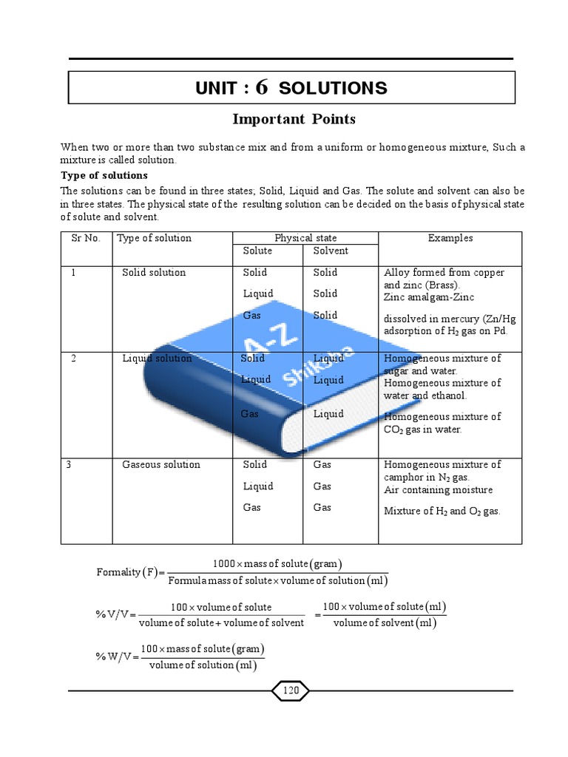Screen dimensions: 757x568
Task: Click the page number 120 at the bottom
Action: [291, 690]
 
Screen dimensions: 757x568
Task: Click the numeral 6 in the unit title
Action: [261, 87]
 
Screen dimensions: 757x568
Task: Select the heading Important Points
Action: [294, 119]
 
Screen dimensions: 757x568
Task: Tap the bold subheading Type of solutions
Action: [104, 175]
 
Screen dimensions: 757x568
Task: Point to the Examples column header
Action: [450, 238]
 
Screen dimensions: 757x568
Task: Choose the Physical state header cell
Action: [305, 238]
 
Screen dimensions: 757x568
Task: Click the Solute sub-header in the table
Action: [257, 251]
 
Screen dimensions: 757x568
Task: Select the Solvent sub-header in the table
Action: [331, 251]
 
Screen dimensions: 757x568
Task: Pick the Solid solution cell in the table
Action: [154, 272]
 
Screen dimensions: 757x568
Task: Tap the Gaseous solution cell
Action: [160, 464]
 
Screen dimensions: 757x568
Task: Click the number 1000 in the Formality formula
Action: [225, 564]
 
